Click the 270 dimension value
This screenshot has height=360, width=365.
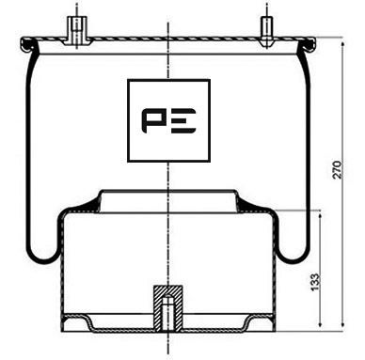click(x=351, y=168)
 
